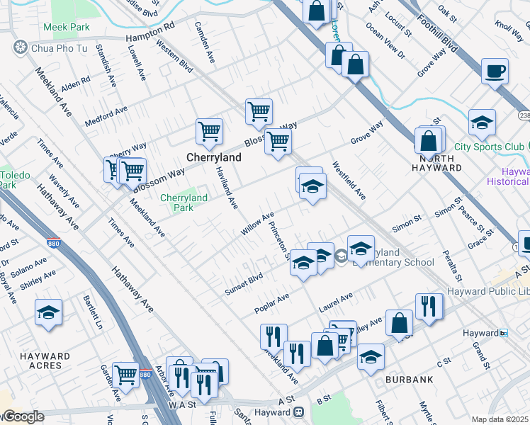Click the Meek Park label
67,27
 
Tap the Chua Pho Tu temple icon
20,47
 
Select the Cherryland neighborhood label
210,157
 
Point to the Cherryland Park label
184,203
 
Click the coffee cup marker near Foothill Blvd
495,72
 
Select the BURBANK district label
409,380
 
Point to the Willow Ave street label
256,224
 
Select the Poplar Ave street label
272,305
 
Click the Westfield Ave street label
349,181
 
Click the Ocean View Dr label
385,40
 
